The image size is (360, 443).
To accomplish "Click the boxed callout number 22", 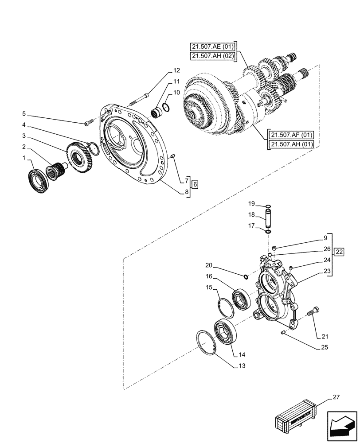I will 339,252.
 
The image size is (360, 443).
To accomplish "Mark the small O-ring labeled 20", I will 246,277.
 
